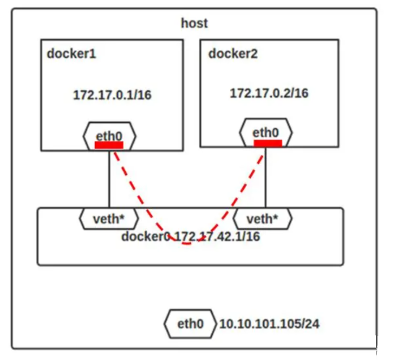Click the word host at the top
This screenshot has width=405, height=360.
195,23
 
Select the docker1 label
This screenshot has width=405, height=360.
72,53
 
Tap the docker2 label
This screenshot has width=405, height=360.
233,53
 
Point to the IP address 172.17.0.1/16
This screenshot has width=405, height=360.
112,95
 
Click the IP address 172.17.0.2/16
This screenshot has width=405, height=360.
269,93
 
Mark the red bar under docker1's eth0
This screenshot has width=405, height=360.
109,145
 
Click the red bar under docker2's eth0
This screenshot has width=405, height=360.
268,143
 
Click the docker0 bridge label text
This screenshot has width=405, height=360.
146,236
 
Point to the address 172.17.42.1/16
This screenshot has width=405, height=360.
218,236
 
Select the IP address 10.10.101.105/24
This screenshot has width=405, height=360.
269,324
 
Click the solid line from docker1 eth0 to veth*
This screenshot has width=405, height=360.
109,179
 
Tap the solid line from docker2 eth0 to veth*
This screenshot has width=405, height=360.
265,177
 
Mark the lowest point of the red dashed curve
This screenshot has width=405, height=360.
187,244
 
